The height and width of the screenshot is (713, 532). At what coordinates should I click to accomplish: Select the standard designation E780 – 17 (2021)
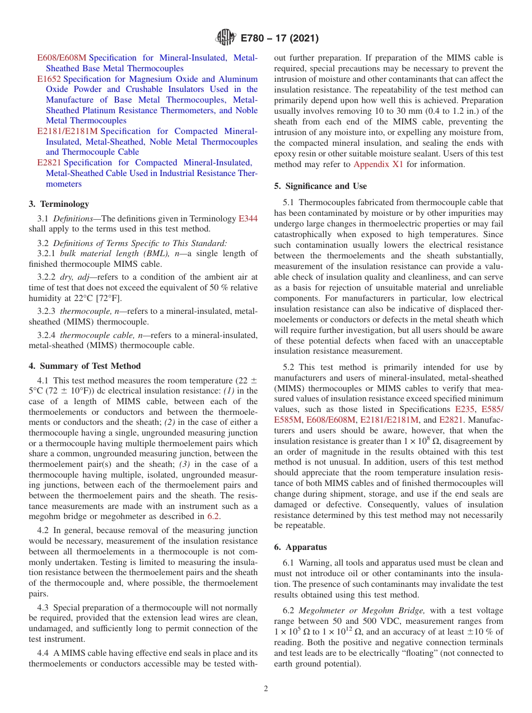(279, 39)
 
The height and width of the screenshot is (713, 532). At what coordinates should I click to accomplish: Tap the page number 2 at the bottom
(266, 689)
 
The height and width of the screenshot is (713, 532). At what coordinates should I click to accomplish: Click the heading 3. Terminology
(59, 204)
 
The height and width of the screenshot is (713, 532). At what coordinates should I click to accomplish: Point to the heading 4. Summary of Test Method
(85, 366)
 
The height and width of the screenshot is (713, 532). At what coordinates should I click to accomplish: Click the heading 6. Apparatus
(300, 547)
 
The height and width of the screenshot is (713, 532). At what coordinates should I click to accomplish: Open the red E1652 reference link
(49, 79)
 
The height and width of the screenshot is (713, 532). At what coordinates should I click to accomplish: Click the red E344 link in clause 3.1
(248, 219)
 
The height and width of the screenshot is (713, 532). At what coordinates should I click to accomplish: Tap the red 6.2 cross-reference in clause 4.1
(213, 516)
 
